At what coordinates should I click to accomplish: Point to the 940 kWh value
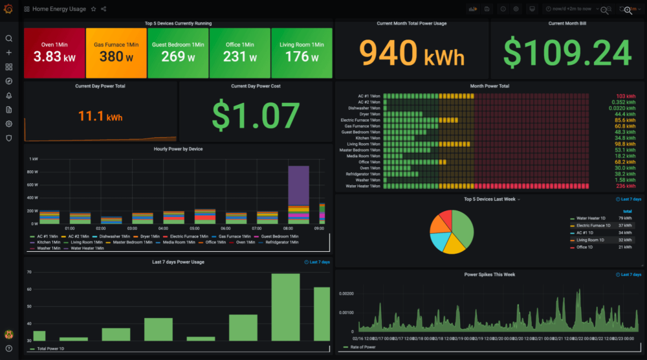tap(411, 54)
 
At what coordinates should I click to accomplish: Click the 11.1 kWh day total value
tap(100, 117)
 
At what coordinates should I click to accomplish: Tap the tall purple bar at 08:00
tap(298, 186)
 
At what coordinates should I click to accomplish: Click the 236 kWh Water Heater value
tap(625, 186)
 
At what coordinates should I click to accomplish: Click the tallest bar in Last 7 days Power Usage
tap(285, 307)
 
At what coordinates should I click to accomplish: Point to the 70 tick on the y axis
tap(28, 272)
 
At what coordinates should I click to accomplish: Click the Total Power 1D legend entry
tap(49, 349)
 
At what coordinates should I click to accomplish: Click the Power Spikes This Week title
tap(489, 275)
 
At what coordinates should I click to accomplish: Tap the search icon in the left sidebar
tap(9, 38)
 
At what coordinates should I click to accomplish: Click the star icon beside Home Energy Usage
tap(93, 9)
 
